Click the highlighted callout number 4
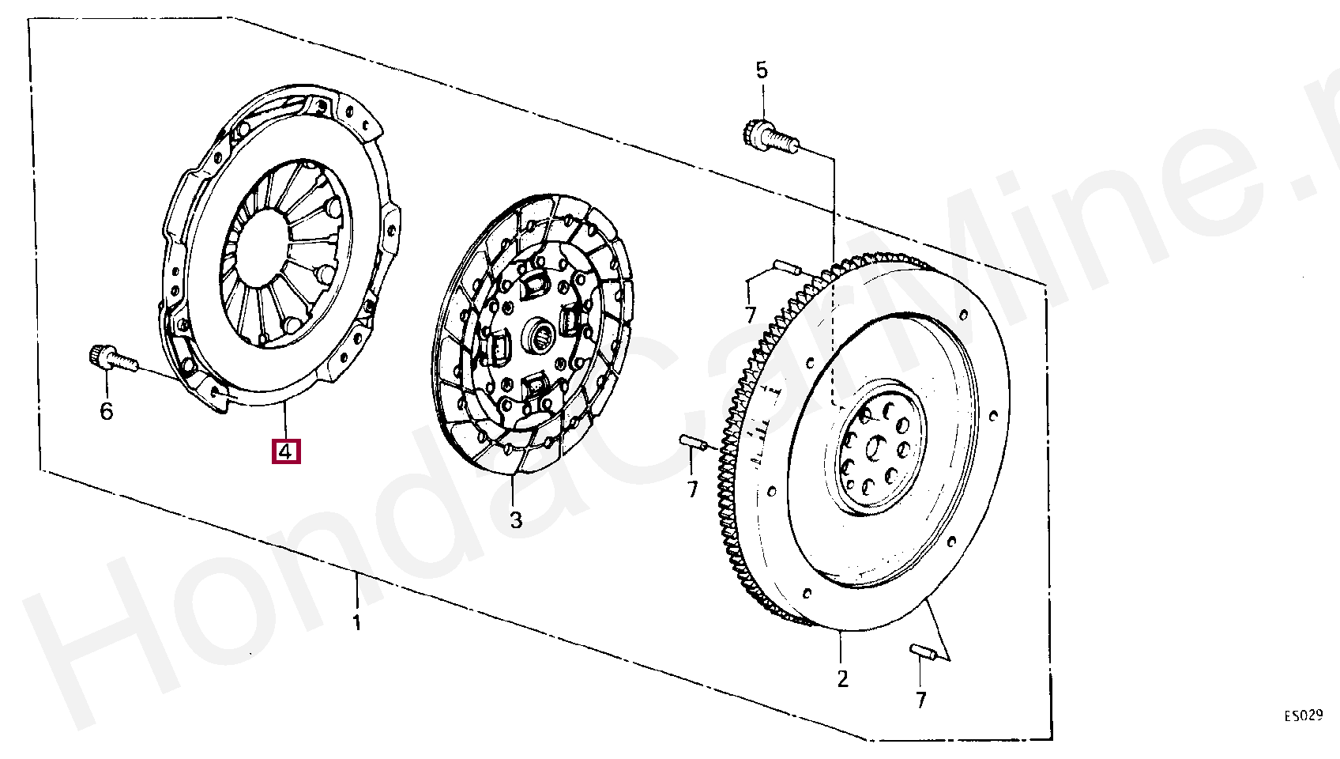click(x=286, y=452)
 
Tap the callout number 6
click(x=107, y=411)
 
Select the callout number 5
click(x=761, y=70)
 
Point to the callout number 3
click(x=516, y=519)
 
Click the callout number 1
click(x=357, y=622)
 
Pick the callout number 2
click(x=842, y=679)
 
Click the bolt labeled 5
click(x=770, y=137)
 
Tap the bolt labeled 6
click(x=113, y=358)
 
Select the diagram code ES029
click(x=1304, y=716)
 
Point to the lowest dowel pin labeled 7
click(x=923, y=651)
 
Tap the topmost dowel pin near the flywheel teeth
click(x=788, y=267)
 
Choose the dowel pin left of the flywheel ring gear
click(x=694, y=442)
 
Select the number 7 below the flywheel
click(x=921, y=700)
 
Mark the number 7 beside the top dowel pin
click(x=750, y=315)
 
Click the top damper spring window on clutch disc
click(x=535, y=285)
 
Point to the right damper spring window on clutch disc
click(x=570, y=323)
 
